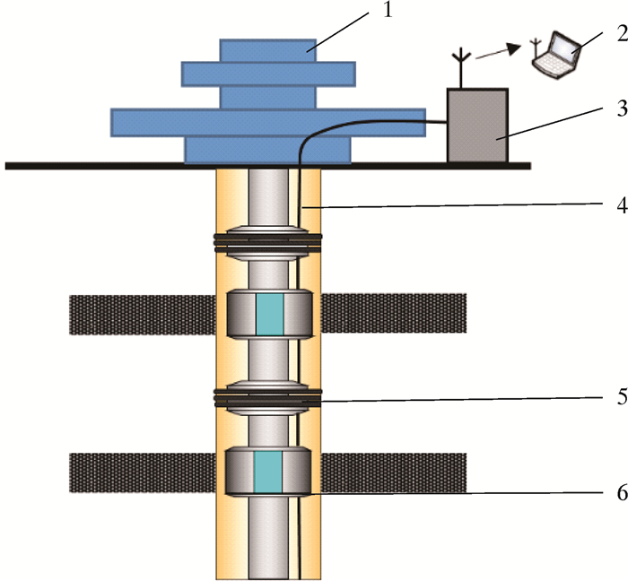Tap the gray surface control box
coord(478,126)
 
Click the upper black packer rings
coord(267,239)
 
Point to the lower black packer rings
coord(267,395)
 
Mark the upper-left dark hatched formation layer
coord(143,314)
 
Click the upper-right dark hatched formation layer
coord(394,314)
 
